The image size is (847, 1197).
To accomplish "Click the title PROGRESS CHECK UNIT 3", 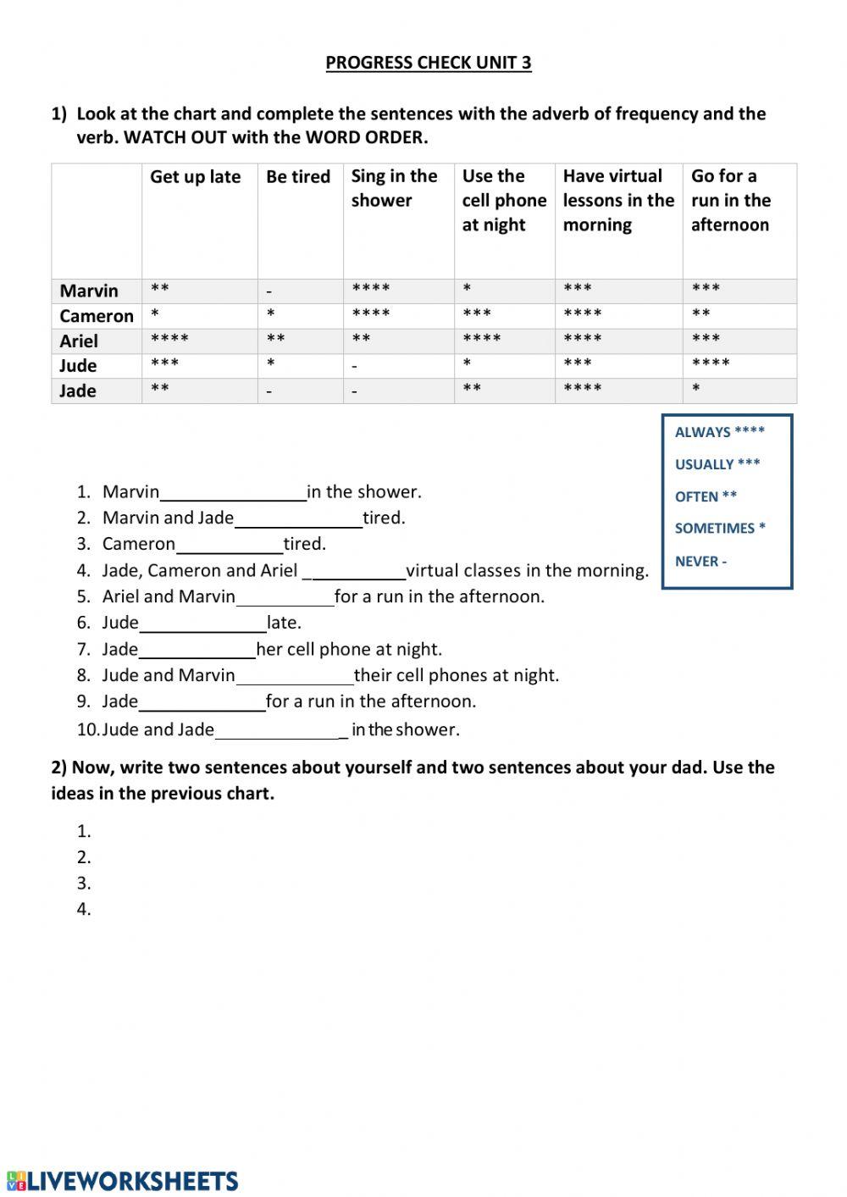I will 428,63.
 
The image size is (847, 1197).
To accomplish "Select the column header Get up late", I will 195,177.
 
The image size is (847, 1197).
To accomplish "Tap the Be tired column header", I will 298,177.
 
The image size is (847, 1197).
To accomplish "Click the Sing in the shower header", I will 394,188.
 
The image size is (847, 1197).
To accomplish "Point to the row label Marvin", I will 89,291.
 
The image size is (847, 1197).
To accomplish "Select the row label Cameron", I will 97,316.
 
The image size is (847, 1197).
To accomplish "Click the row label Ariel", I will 79,341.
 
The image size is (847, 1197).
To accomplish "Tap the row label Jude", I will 78,366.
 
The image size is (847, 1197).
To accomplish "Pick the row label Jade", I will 78,391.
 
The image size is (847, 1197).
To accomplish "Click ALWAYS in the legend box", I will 702,432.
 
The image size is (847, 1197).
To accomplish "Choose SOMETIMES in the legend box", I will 714,529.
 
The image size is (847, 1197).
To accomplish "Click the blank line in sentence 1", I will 233,494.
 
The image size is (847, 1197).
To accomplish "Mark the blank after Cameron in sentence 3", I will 230,546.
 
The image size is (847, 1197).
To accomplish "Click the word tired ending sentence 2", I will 384,518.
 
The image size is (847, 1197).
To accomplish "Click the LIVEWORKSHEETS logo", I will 123,1181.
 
